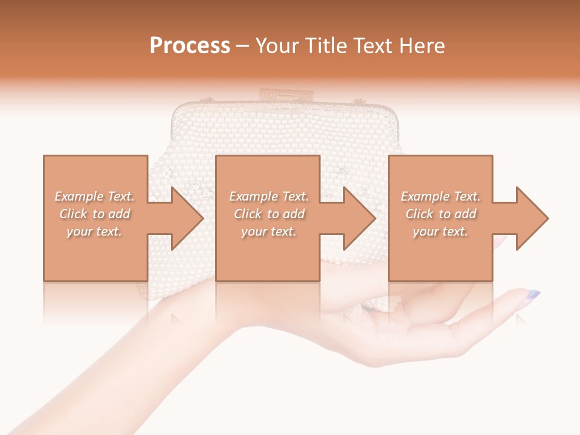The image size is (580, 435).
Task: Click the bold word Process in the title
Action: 190,46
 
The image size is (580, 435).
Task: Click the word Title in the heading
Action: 324,46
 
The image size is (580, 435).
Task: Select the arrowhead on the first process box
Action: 185,218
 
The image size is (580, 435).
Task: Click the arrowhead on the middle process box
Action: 357,218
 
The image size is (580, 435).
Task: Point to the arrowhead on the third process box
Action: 530,218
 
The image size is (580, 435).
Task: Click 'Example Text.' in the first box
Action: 95,196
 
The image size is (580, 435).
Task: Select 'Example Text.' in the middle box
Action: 269,196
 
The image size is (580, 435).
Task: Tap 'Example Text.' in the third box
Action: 440,196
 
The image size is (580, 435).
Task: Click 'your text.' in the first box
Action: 95,231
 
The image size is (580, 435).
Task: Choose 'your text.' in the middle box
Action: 269,231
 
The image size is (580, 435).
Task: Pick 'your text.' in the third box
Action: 440,231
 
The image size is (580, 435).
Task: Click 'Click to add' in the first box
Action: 95,214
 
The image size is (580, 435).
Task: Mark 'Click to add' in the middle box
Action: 269,214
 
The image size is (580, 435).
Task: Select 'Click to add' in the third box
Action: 440,214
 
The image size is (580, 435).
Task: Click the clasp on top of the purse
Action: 286,95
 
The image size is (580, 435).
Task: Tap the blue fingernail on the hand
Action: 533,295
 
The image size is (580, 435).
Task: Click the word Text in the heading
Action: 371,46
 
